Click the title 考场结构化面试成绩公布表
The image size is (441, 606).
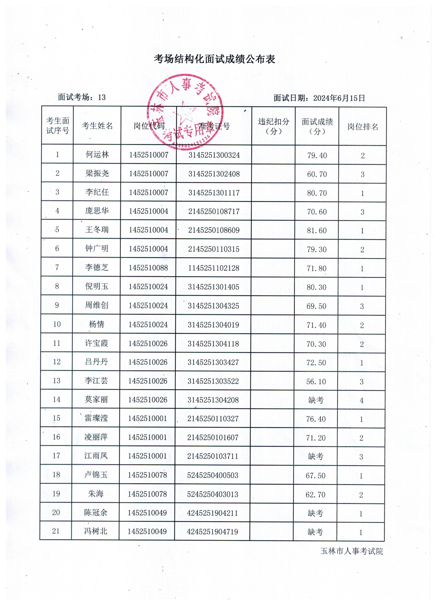214,59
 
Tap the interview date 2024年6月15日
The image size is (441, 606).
339,98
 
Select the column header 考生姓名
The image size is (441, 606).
97,126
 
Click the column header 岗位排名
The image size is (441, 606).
363,127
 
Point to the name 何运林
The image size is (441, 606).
97,154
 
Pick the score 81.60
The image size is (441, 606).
317,230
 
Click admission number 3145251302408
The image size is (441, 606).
214,174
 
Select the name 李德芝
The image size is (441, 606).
97,267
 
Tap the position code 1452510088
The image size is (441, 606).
148,268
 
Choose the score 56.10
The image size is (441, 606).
316,382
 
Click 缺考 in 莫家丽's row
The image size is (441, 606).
316,400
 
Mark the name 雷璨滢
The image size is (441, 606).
96,418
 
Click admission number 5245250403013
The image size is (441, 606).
213,494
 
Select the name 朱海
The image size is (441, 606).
96,494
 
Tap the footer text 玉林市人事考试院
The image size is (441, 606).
352,551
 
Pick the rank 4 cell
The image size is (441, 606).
362,400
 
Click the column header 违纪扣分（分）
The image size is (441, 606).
273,126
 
